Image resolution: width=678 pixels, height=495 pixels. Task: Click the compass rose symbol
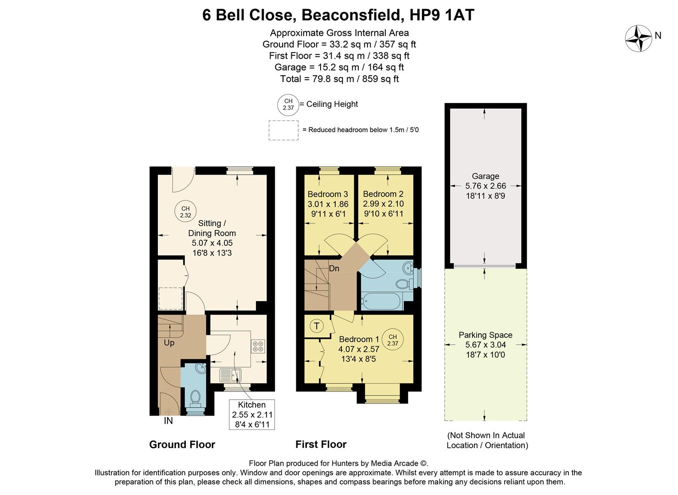click(639, 38)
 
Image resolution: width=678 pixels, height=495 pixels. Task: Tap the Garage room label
click(485, 176)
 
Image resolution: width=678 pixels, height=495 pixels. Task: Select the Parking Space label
click(485, 335)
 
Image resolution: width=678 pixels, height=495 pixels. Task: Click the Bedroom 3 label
click(328, 194)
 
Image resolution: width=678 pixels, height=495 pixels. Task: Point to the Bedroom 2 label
click(383, 194)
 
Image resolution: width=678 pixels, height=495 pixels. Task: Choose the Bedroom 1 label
click(359, 340)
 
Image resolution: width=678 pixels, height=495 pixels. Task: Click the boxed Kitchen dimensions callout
click(252, 414)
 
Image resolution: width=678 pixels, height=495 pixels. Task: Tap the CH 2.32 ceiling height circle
click(185, 212)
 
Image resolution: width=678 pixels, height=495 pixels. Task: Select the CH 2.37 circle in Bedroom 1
click(393, 340)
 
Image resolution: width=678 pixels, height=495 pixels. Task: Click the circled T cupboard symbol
click(317, 326)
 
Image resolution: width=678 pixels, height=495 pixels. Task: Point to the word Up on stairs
click(169, 343)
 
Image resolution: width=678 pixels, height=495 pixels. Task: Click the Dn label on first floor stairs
click(334, 269)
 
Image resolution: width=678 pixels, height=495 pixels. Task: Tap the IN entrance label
click(168, 421)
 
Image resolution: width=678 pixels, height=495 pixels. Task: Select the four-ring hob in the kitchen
click(258, 346)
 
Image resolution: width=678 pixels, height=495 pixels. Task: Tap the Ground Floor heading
click(182, 445)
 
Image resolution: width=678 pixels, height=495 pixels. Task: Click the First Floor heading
click(321, 445)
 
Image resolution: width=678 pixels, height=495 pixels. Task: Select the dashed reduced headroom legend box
click(283, 130)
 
